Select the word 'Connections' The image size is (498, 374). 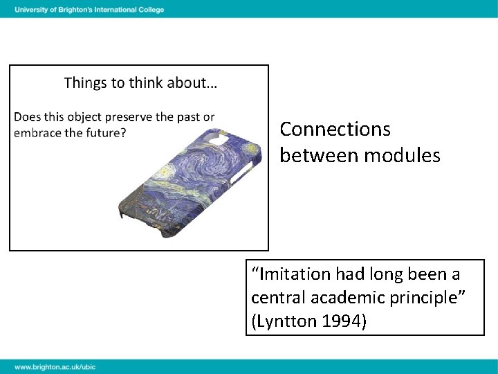[335, 130]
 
